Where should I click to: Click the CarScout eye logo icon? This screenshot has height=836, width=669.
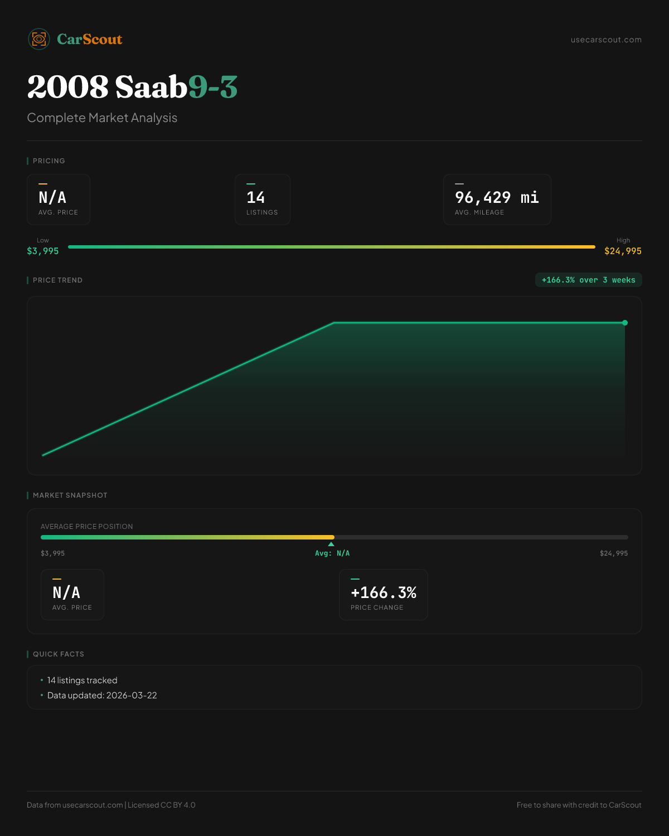pos(39,39)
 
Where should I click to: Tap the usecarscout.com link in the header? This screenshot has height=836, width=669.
pos(606,40)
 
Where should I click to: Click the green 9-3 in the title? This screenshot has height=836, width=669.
pos(213,87)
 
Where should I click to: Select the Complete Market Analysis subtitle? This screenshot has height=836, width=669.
pos(102,118)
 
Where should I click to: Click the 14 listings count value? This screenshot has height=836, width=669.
pos(255,197)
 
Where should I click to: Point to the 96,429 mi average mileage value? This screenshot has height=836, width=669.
pos(497,197)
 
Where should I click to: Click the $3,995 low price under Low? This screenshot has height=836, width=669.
pos(43,251)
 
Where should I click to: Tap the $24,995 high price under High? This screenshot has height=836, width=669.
pos(623,251)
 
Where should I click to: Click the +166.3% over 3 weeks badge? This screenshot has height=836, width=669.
pos(588,280)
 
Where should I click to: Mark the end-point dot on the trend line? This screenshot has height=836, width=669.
pos(625,323)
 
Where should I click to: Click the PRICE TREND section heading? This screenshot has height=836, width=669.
pos(57,280)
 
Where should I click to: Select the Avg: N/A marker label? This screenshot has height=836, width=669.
pos(332,553)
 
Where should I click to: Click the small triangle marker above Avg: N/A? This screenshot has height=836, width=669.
pos(331,544)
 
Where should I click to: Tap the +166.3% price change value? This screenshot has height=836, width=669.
pos(384,592)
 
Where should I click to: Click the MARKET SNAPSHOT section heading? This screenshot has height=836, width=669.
pos(70,495)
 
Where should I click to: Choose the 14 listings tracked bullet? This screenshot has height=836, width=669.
pos(82,681)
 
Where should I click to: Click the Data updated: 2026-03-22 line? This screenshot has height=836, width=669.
pos(102,696)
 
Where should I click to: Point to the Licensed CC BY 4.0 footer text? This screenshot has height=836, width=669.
pos(161,805)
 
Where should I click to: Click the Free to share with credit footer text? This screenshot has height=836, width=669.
pos(579,805)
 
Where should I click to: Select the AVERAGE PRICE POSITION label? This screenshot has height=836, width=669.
pos(87,527)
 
